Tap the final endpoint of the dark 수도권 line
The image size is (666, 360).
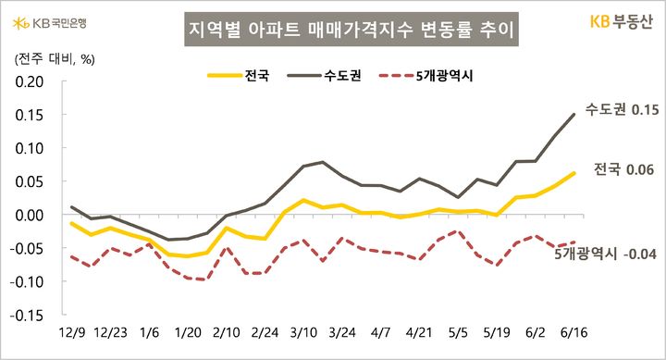pyautogui.click(x=574, y=114)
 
